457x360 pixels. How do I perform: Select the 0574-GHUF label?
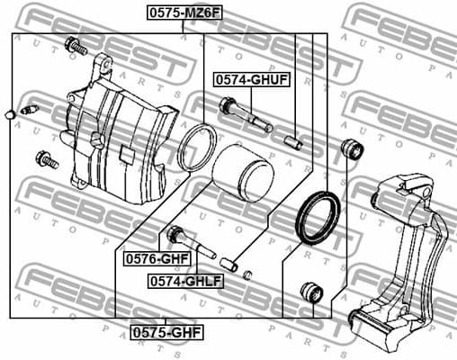251,80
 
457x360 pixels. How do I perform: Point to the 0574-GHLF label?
185,280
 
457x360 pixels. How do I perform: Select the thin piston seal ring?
196,148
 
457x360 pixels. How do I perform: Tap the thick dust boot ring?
318,218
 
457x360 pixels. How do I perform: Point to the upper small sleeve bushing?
292,140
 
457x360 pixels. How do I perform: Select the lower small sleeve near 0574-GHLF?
230,265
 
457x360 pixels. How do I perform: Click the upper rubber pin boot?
352,148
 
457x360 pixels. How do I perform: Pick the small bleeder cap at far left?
9,114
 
